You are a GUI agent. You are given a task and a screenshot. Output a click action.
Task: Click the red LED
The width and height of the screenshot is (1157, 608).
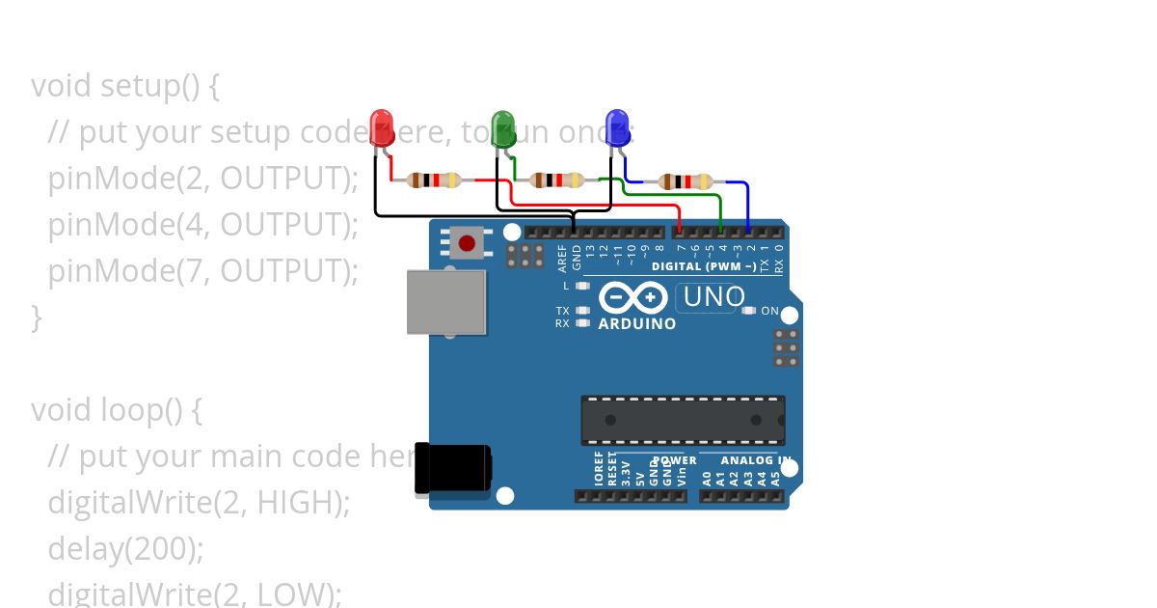pyautogui.click(x=382, y=128)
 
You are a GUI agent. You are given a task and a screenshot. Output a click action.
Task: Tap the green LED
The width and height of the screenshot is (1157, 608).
pyautogui.click(x=503, y=128)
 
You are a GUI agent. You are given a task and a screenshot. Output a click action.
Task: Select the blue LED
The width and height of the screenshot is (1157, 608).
pyautogui.click(x=617, y=128)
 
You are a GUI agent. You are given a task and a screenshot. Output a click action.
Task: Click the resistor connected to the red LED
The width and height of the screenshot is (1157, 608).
pyautogui.click(x=433, y=180)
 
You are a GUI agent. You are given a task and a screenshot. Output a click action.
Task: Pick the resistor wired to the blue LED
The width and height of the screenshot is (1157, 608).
pyautogui.click(x=685, y=181)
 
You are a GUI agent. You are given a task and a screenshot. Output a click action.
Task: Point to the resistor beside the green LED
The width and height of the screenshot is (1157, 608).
pyautogui.click(x=556, y=180)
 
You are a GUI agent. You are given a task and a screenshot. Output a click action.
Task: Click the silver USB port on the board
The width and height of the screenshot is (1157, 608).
pyautogui.click(x=445, y=302)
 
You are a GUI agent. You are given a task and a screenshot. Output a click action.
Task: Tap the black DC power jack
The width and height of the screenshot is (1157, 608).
pyautogui.click(x=452, y=468)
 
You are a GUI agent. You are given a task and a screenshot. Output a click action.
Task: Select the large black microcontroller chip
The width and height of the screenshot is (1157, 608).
pyautogui.click(x=682, y=420)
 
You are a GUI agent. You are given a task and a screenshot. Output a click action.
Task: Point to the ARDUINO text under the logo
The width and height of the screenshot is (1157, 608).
pyautogui.click(x=636, y=324)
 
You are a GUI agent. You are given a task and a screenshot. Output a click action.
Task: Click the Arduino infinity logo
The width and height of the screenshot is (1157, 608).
pyautogui.click(x=632, y=296)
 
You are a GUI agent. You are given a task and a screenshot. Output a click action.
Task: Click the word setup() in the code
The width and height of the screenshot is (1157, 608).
pyautogui.click(x=149, y=86)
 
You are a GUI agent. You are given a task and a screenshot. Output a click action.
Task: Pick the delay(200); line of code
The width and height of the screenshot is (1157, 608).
pyautogui.click(x=125, y=549)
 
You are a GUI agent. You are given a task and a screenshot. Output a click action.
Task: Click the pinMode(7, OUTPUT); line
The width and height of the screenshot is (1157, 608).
pyautogui.click(x=202, y=271)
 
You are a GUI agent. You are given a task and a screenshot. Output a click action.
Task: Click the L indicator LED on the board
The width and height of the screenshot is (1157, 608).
pyautogui.click(x=581, y=286)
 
